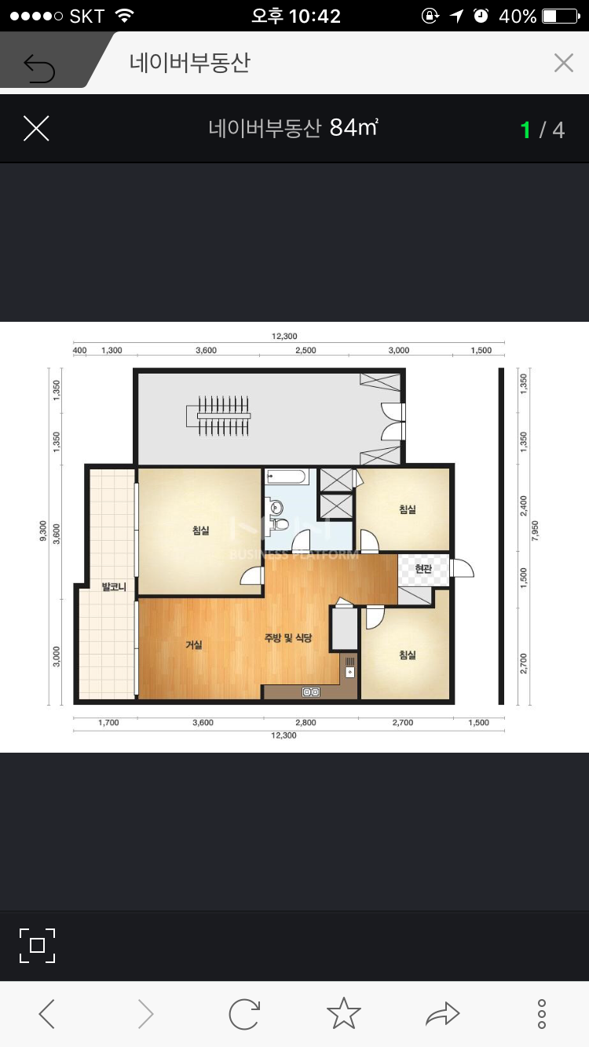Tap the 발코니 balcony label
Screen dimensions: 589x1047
coord(114,586)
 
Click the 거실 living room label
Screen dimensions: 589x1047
coord(194,645)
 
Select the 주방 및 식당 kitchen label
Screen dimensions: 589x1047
coord(288,637)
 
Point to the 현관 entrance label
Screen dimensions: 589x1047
coord(423,568)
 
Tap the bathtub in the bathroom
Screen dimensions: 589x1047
coord(287,477)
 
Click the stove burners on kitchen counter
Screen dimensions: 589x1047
coord(311,691)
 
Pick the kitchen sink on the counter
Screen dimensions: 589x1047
coord(349,672)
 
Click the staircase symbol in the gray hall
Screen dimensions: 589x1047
coord(218,415)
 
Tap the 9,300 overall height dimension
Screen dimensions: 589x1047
coord(43,531)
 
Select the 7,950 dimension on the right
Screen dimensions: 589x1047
coord(535,531)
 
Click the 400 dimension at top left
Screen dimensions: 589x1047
coord(80,350)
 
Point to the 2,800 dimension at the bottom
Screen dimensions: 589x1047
coord(305,722)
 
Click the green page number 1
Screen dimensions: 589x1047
coord(525,130)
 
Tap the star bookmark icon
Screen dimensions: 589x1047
coord(344,1013)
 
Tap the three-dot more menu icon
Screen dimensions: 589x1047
coord(542,1014)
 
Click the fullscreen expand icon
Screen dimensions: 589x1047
coord(38,946)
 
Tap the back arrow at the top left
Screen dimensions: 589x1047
coord(39,68)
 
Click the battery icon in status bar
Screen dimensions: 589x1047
coord(561,16)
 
